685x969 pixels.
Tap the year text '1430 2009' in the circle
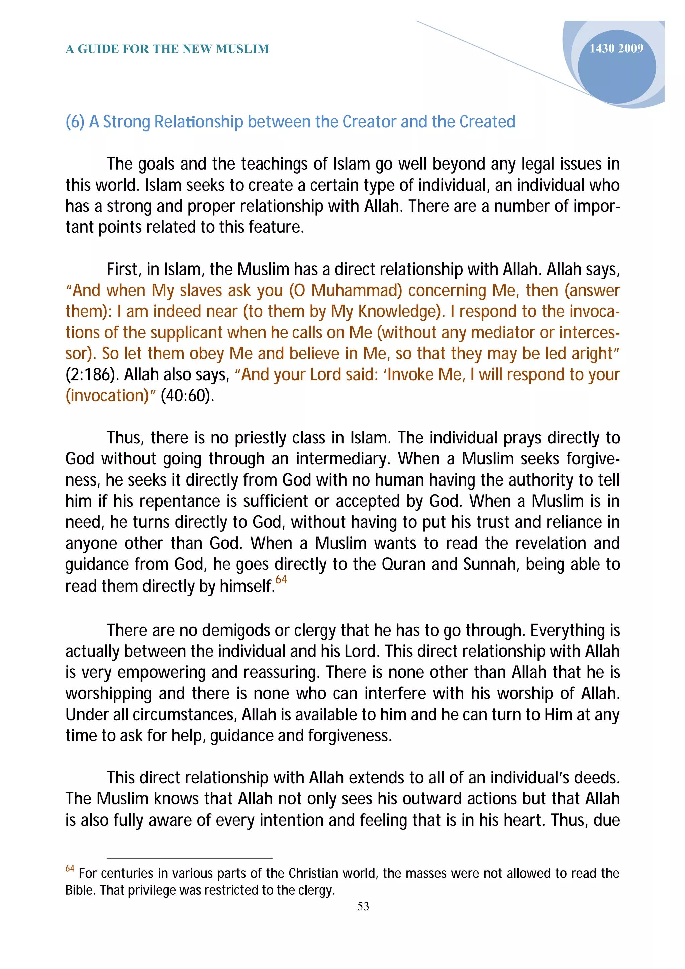click(616, 48)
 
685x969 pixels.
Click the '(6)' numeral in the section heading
click(74, 122)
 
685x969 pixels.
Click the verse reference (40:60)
click(187, 396)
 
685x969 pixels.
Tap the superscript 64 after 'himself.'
click(281, 580)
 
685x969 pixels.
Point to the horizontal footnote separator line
click(190, 858)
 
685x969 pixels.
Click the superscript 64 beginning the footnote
click(70, 869)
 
